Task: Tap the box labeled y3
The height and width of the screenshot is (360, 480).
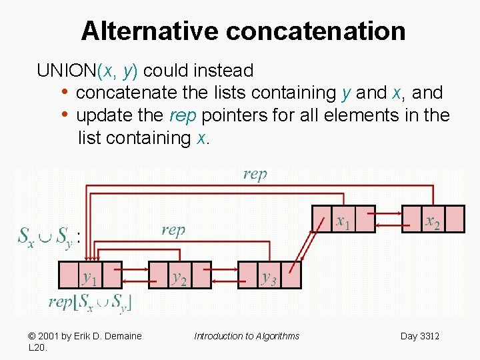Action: click(x=270, y=275)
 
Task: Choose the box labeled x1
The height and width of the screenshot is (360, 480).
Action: click(x=344, y=219)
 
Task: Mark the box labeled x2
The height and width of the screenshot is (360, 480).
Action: click(x=434, y=219)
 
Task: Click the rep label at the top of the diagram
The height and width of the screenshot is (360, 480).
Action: click(x=255, y=174)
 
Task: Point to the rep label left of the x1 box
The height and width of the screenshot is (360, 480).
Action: click(x=173, y=230)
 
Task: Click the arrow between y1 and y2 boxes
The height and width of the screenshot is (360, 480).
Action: click(x=135, y=271)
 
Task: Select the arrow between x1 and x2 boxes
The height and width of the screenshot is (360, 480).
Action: click(x=389, y=213)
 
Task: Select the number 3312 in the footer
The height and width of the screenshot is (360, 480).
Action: click(x=429, y=336)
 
